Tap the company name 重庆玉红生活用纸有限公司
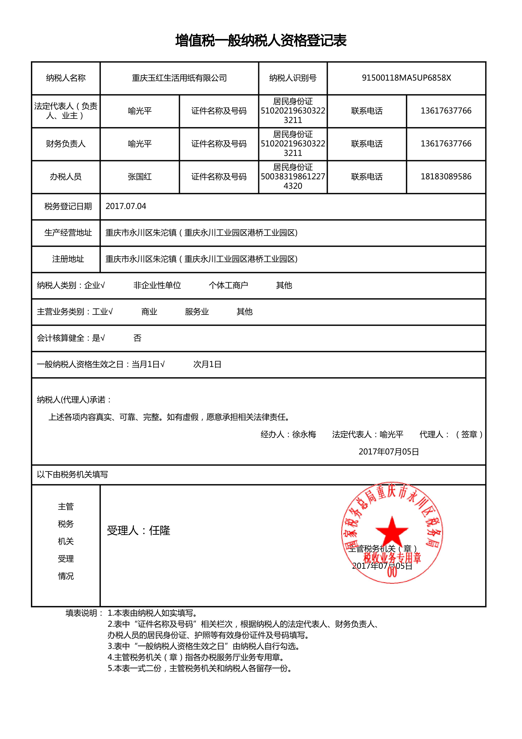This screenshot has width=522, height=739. click(179, 78)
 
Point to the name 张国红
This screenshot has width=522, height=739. click(140, 177)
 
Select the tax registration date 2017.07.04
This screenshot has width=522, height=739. click(126, 206)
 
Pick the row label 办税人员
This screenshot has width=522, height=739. click(66, 177)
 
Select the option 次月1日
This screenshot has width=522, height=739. click(207, 364)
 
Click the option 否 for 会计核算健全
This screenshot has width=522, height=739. click(137, 338)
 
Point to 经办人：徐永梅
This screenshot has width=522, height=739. click(288, 434)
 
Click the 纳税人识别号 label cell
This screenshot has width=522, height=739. click(293, 78)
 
